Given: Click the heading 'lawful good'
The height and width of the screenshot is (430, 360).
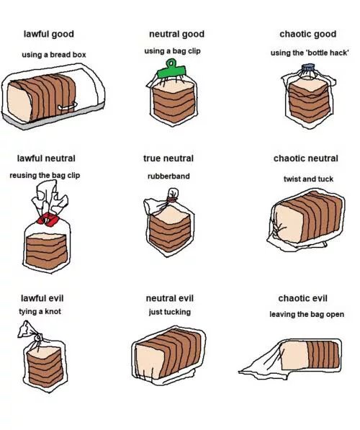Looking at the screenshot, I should [x=48, y=35].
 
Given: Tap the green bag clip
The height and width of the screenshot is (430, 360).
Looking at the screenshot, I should [x=174, y=70].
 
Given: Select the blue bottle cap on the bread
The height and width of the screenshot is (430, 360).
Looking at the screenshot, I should [x=308, y=69].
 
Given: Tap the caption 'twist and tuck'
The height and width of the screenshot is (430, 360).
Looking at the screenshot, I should [x=307, y=179].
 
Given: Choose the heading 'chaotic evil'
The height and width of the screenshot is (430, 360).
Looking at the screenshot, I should [x=303, y=298].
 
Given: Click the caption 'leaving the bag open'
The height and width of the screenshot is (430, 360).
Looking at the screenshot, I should [x=307, y=314].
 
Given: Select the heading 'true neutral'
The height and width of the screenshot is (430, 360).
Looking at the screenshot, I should [x=168, y=158].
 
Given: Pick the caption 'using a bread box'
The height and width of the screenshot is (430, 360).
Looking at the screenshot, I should [x=53, y=55].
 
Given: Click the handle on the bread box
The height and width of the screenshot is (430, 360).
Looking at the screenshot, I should [x=69, y=108].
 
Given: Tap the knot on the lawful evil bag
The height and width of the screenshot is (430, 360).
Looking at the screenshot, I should [x=31, y=333].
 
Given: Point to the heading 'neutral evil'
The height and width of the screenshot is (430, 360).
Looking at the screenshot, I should [x=169, y=298].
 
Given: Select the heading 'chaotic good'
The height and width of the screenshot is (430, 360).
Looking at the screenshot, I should [x=307, y=35].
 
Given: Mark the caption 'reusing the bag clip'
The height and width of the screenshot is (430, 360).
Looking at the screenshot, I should [x=45, y=176].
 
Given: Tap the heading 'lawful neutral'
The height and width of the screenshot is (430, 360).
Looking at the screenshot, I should [x=46, y=158].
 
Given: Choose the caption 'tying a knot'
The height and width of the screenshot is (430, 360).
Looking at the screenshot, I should [x=41, y=311].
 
